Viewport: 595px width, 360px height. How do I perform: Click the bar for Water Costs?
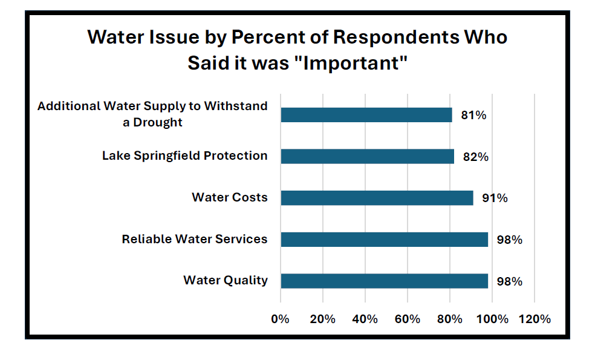pyautogui.click(x=377, y=198)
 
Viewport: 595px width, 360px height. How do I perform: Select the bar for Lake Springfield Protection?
pyautogui.click(x=367, y=156)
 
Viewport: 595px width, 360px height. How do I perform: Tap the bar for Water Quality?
pyautogui.click(x=384, y=281)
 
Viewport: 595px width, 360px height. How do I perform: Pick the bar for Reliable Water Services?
pyautogui.click(x=384, y=240)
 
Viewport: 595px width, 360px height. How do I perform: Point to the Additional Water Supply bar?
pyautogui.click(x=366, y=115)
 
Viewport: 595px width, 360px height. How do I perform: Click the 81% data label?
pyautogui.click(x=473, y=115)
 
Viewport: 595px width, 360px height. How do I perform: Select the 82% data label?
pyautogui.click(x=475, y=157)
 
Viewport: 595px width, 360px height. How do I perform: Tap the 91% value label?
pyautogui.click(x=495, y=198)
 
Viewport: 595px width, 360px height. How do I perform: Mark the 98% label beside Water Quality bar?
pyautogui.click(x=509, y=281)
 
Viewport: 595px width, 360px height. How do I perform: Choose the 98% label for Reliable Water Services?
pyautogui.click(x=509, y=240)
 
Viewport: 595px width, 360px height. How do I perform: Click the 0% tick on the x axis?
pyautogui.click(x=281, y=319)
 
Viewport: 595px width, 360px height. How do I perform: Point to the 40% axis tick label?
pyautogui.click(x=365, y=319)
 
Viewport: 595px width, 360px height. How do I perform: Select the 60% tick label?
pyautogui.click(x=407, y=319)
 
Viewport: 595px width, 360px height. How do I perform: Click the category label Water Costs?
pyautogui.click(x=229, y=197)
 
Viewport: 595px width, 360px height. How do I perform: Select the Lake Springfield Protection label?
pyautogui.click(x=184, y=155)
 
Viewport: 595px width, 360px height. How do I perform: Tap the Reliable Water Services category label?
pyautogui.click(x=194, y=239)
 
